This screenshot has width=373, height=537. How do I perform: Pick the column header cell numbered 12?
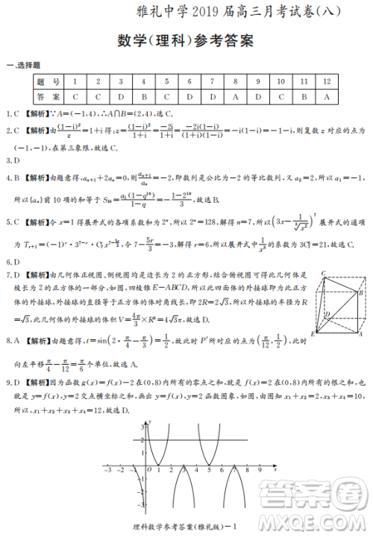pos(327,81)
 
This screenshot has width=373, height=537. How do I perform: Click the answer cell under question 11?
pos(304,96)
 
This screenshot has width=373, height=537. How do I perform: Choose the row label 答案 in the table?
pos(48,96)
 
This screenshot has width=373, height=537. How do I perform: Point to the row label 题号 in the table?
pos(48,81)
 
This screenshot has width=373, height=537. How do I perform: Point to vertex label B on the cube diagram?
pos(361,293)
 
